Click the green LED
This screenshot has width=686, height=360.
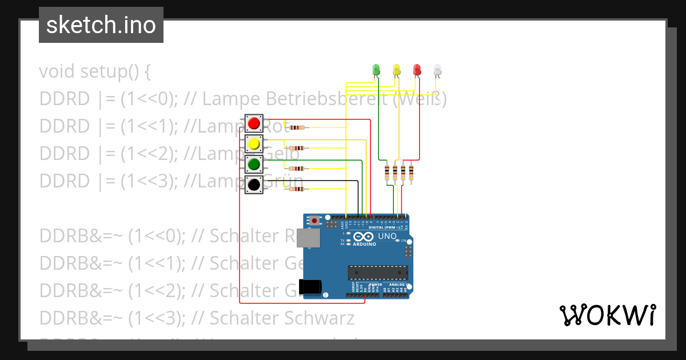click(376, 70)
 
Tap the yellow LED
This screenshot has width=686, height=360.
click(397, 70)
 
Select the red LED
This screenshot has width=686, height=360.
click(417, 70)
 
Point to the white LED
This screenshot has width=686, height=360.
click(437, 70)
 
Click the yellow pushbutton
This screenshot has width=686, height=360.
click(254, 143)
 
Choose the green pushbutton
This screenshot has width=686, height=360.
click(254, 164)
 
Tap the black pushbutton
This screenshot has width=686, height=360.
click(254, 185)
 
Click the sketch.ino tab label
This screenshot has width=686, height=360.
click(101, 25)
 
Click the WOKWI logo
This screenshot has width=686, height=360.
click(607, 315)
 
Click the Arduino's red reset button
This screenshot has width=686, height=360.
click(314, 220)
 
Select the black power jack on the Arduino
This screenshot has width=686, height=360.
click(311, 286)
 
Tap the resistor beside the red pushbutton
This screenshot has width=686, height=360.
click(298, 127)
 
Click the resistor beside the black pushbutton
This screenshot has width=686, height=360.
click(296, 189)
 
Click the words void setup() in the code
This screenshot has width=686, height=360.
click(95, 72)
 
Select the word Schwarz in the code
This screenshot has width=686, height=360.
click(326, 318)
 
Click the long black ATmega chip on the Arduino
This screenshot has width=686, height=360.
click(378, 274)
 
